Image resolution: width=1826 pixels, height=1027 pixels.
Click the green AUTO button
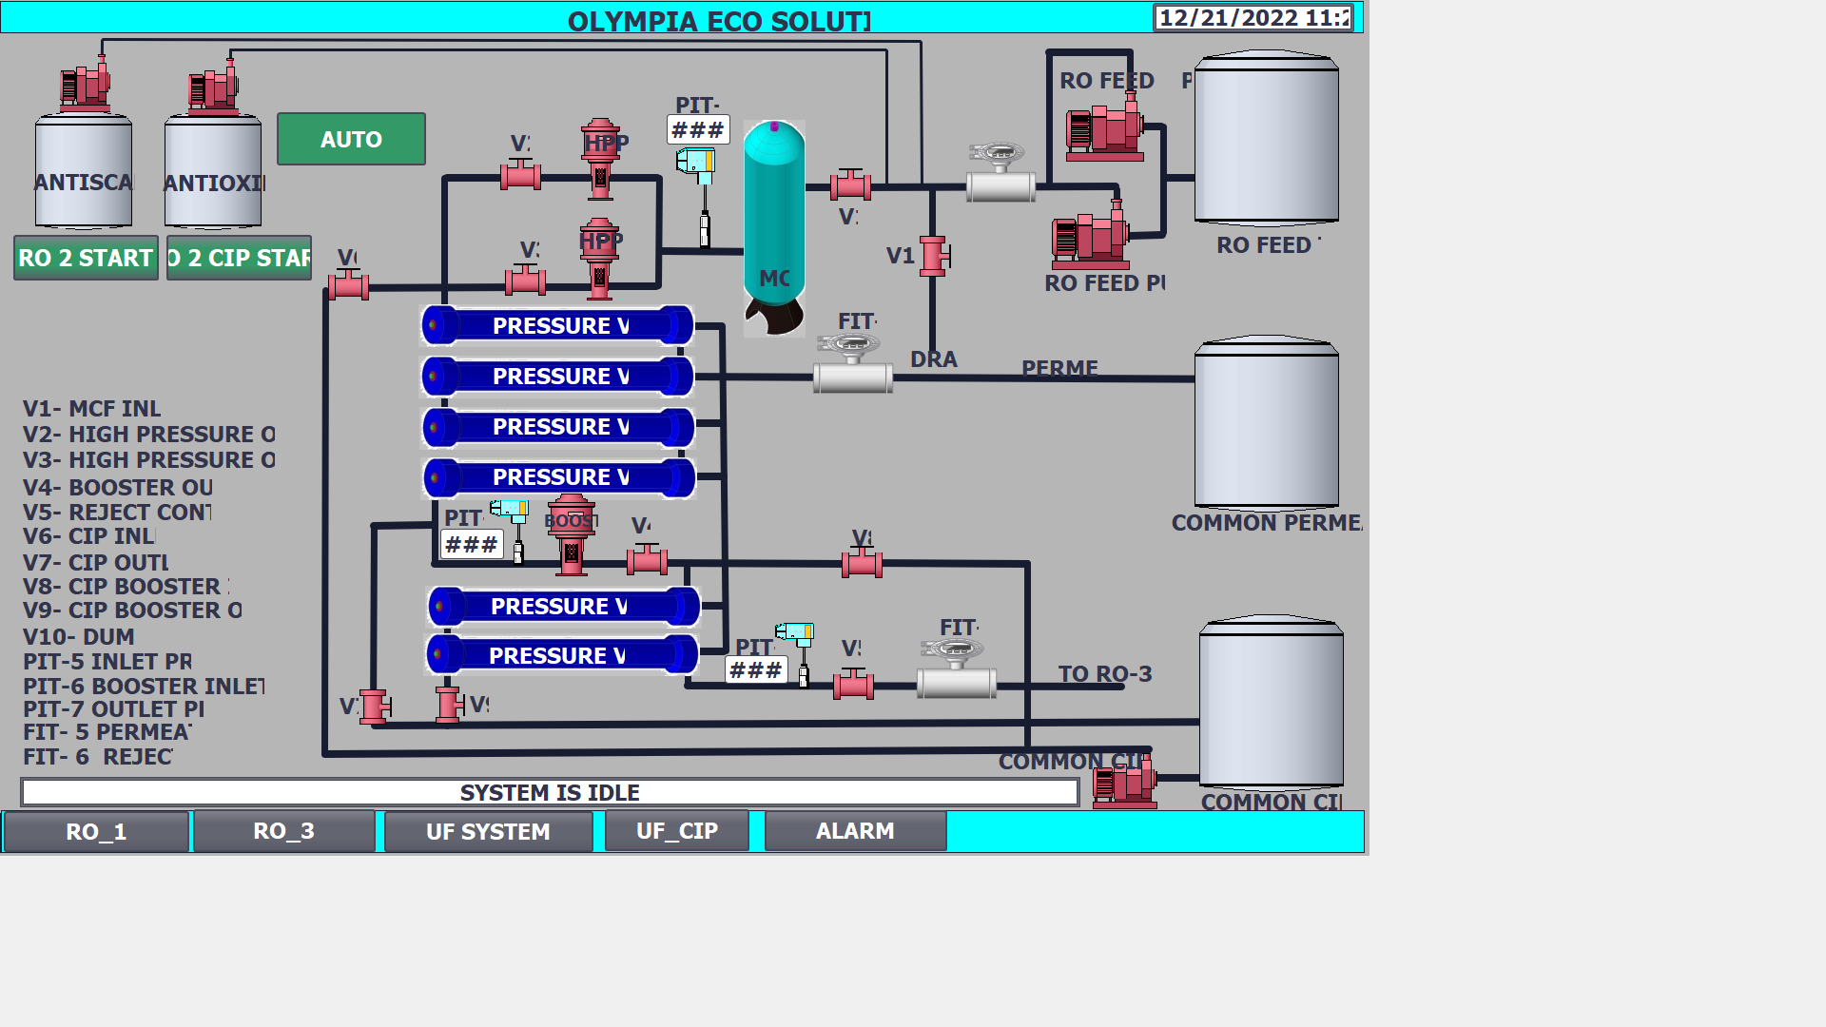351,139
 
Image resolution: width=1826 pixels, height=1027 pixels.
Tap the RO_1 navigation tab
96,831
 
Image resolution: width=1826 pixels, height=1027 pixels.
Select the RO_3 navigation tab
283,831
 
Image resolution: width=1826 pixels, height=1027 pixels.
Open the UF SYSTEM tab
488,831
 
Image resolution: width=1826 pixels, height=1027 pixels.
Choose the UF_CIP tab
676,831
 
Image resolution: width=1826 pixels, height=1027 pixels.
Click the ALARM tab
855,831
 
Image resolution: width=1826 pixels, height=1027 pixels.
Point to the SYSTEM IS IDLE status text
550,792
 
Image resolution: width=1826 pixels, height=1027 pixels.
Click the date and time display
1253,18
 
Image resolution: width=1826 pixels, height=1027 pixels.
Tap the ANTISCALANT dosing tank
84,171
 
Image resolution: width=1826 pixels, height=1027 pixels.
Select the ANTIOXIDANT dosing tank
213,171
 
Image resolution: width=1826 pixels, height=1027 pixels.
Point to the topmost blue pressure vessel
558,325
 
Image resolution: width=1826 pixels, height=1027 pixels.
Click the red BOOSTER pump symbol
571,534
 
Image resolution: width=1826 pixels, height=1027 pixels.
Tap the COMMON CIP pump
1125,782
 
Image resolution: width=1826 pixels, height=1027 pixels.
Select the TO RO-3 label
1104,674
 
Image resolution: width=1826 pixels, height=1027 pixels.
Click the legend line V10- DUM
79,636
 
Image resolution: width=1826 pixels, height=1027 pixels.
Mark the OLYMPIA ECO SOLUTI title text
719,21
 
